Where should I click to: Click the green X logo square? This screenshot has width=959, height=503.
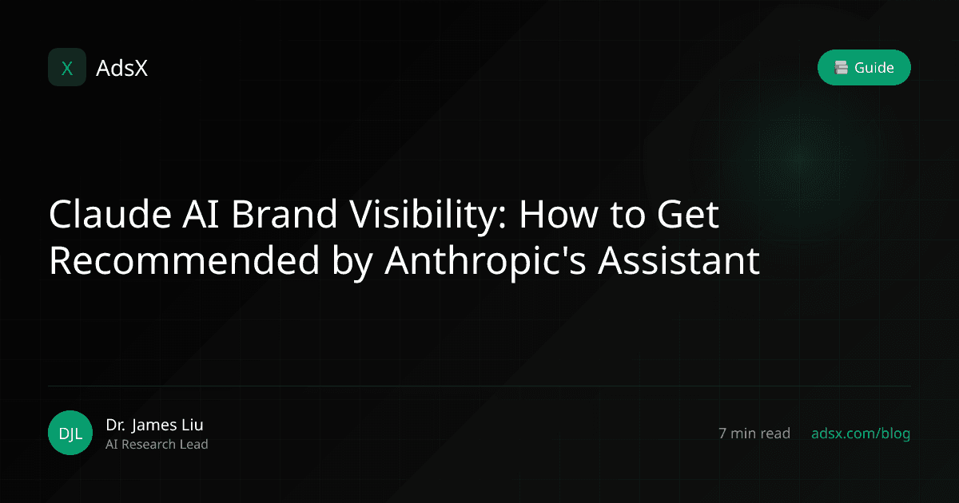click(67, 68)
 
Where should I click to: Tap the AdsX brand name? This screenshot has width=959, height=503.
click(121, 69)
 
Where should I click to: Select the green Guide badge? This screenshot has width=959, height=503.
click(864, 68)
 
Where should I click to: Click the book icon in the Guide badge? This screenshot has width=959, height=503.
click(841, 68)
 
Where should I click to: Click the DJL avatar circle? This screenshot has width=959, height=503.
click(70, 434)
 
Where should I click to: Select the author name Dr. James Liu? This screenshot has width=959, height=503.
click(160, 425)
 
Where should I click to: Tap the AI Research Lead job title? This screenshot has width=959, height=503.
click(157, 445)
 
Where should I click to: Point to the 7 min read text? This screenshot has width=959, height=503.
click(754, 434)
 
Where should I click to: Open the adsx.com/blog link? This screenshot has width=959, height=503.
click(861, 434)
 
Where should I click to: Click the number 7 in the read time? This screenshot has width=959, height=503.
click(723, 434)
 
